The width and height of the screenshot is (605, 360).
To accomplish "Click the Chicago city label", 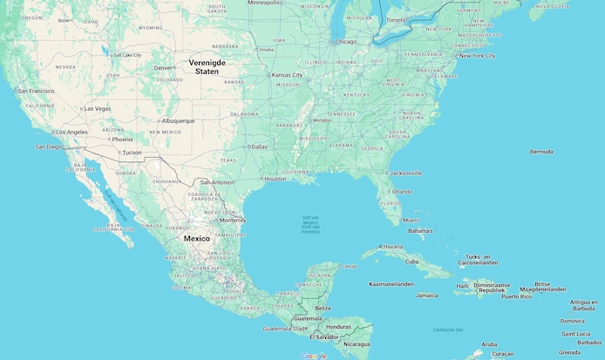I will pos(346,41).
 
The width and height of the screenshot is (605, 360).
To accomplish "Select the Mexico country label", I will pos(196,238).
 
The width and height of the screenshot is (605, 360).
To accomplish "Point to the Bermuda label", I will pos(541,152).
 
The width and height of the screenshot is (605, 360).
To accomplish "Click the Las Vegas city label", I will pos(97,108).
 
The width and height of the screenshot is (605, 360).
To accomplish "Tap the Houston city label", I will pos(275,179).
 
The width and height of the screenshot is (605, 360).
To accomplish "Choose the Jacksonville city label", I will pos(406,173).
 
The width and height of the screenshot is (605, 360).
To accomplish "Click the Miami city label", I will pos(411,221).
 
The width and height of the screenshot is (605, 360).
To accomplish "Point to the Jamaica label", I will pos(427,295).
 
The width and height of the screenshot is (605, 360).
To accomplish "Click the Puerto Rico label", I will pos(516,296).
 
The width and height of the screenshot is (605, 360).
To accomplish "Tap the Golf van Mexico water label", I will pos(310,223).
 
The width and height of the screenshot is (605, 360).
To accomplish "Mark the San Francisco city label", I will pos(36,91).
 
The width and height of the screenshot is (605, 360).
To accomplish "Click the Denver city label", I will pos(164,68).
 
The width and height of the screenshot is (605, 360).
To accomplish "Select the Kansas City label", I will pos(287,75).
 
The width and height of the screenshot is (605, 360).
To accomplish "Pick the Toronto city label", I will pos(397,19).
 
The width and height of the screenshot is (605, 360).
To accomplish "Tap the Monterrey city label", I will pos(233,220).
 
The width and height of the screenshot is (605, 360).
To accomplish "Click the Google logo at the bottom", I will pos(314,355).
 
